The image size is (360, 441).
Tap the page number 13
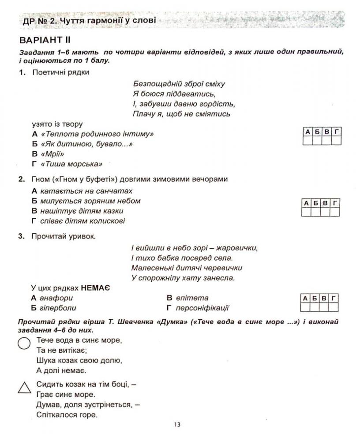tap(177, 425)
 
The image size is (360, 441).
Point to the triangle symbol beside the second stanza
tap(24, 387)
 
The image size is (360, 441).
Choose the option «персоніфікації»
tap(203, 308)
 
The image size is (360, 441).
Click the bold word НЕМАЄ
tap(95, 288)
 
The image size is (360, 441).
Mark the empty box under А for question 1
tap(307, 141)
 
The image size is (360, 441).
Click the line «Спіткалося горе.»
tap(67, 415)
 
